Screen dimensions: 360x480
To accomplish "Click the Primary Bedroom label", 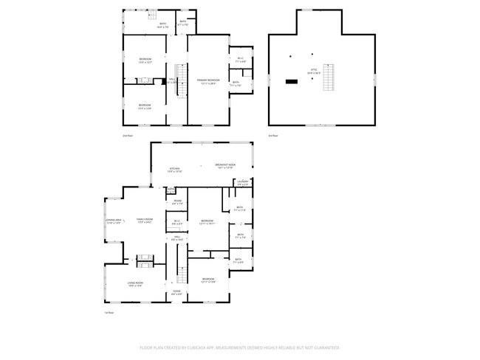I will (208, 80).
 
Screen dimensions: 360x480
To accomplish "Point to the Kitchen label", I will (175, 170).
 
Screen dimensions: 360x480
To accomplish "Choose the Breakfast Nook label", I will (225, 166).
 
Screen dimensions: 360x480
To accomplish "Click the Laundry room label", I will (241, 182).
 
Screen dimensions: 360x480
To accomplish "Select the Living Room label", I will (135, 284).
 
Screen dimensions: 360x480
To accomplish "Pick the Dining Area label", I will (114, 221).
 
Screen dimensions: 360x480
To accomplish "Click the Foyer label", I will (176, 293).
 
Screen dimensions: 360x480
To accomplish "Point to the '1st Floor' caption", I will (109, 312).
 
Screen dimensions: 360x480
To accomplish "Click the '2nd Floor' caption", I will (127, 136).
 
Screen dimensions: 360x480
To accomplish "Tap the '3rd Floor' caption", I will (272, 136).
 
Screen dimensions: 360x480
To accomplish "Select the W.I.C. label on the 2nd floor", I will (241, 60).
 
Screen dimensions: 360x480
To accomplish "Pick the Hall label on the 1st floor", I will (176, 238).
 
